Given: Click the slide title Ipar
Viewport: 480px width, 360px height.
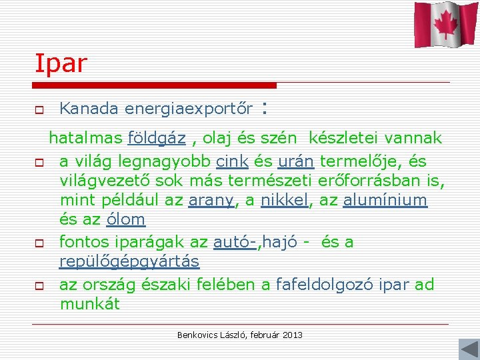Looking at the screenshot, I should pyautogui.click(x=61, y=63).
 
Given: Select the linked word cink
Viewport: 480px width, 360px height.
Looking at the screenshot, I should pyautogui.click(x=232, y=161).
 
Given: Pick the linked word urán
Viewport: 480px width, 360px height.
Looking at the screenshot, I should pyautogui.click(x=297, y=161).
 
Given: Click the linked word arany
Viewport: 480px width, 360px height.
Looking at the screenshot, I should pyautogui.click(x=211, y=200).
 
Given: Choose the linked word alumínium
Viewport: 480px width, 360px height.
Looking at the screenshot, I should pyautogui.click(x=385, y=200).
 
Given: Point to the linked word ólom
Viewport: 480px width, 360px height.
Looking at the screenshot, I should pyautogui.click(x=126, y=219).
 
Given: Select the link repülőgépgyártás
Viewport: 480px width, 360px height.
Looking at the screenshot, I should pyautogui.click(x=129, y=261).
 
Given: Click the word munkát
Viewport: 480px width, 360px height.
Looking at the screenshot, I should pyautogui.click(x=89, y=305).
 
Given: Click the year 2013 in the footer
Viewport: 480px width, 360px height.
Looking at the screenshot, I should pyautogui.click(x=292, y=334).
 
